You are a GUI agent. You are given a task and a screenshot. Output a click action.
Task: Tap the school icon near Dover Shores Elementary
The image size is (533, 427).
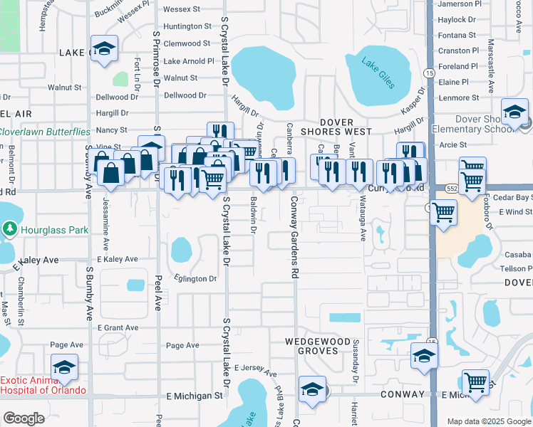click(x=514, y=112)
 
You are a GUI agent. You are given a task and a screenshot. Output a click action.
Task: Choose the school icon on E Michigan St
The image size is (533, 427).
click(x=312, y=389)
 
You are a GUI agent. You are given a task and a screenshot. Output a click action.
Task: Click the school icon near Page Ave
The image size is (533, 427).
click(x=64, y=367)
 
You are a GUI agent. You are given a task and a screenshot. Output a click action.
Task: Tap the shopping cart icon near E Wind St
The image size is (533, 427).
click(x=444, y=211)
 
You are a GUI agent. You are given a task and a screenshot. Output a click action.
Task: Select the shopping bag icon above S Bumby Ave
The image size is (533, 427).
click(x=111, y=172)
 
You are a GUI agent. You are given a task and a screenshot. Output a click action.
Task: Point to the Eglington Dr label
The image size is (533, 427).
click(x=192, y=279)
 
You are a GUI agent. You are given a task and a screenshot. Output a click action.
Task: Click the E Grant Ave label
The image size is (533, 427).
click(x=118, y=328)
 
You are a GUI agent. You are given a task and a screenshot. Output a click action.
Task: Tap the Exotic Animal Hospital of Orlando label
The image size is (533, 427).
click(x=43, y=385)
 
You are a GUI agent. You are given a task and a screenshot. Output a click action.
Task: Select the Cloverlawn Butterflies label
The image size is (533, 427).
click(x=45, y=132)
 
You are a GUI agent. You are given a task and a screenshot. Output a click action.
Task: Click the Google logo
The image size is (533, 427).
click(x=24, y=418)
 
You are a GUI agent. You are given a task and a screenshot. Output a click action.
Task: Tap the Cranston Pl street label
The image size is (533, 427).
click(x=459, y=51)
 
